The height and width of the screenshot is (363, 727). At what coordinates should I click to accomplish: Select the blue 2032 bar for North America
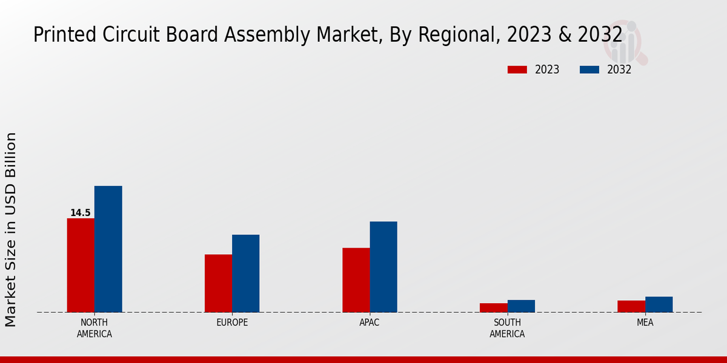108,249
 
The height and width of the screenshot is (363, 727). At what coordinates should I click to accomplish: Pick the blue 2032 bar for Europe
245,273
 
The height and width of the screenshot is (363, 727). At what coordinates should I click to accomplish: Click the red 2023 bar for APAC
356,280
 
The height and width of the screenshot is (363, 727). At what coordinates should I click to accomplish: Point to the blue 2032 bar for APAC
383,267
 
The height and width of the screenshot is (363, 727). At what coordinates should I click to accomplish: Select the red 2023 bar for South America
493,308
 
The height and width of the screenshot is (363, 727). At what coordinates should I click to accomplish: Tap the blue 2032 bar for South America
521,306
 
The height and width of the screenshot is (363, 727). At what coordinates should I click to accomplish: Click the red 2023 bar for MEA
631,306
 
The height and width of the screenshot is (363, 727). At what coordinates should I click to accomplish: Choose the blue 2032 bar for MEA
659,304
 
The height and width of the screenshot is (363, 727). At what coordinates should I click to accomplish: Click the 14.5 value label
80,213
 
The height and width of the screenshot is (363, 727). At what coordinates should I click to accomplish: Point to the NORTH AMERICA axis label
94,328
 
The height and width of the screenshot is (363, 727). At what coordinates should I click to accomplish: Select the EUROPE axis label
232,322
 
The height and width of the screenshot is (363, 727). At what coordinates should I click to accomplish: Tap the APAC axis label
370,322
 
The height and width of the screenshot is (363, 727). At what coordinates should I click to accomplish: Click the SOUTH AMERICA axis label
507,328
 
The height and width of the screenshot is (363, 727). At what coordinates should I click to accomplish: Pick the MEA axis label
645,322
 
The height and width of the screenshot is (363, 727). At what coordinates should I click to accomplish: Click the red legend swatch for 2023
517,70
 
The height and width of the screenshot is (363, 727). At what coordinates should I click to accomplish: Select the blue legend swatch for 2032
589,70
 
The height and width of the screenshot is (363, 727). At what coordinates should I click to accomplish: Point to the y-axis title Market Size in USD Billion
11,230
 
